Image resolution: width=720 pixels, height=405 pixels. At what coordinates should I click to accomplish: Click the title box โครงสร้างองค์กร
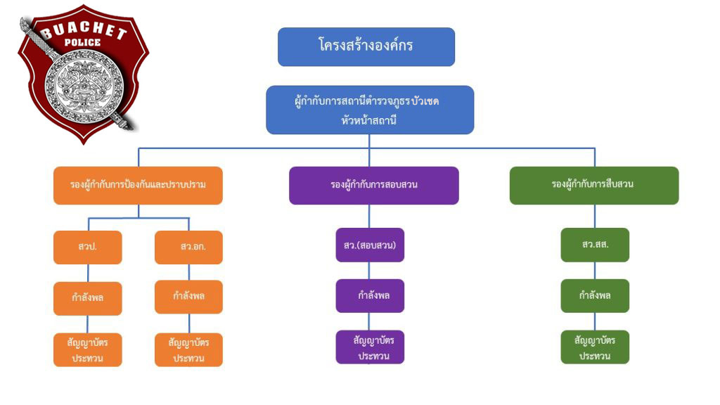(366, 46)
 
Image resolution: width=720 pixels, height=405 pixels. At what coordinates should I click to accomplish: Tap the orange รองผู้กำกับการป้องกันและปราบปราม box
(138, 185)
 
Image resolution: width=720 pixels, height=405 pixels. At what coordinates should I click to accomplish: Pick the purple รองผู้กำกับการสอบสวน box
(373, 185)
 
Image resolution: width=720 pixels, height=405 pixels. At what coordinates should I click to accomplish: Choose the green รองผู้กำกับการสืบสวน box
(593, 185)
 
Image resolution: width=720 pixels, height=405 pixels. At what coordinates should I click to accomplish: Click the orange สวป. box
(87, 247)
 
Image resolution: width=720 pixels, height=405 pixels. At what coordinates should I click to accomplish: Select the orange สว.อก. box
(188, 247)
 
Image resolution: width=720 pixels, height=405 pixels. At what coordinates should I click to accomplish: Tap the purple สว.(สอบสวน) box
(370, 245)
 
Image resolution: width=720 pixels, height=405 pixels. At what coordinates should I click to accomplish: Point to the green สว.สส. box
(595, 245)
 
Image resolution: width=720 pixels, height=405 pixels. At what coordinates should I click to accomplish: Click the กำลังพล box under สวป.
(87, 297)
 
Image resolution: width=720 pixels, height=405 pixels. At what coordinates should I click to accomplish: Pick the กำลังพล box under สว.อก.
(188, 296)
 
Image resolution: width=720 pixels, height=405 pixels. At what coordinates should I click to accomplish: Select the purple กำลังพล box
(370, 295)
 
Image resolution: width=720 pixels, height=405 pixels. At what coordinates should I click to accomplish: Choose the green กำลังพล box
(595, 295)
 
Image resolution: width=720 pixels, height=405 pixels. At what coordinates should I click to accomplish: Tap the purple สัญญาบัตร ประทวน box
(370, 347)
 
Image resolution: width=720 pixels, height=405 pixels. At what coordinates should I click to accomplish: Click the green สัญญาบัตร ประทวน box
(595, 347)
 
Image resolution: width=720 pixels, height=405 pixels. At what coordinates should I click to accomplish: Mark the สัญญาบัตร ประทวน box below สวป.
(87, 349)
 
